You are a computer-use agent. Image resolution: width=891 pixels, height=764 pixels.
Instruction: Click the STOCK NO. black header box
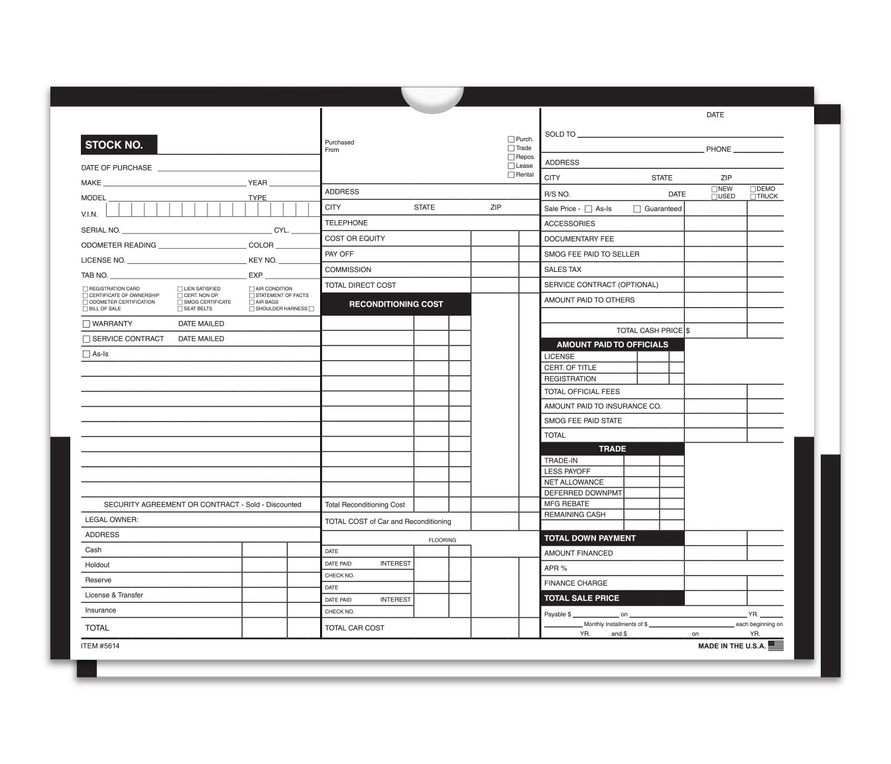119,145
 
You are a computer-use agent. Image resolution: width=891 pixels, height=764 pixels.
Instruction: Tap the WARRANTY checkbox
86,324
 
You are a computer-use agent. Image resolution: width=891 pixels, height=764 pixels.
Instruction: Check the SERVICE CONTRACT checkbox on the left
86,339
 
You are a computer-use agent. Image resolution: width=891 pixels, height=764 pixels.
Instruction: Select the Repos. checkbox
511,157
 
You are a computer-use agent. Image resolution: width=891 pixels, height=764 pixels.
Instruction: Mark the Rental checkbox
511,175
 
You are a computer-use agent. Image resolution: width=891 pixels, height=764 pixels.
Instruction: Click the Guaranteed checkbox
637,209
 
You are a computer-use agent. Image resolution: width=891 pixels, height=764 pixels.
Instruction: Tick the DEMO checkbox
753,189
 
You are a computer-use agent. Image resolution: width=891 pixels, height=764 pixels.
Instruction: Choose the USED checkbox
715,196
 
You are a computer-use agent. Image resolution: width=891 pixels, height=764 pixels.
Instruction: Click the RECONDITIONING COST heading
396,304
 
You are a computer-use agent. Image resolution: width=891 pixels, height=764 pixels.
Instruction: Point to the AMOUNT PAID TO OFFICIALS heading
612,345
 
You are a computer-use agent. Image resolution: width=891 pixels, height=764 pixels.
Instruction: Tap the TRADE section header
612,449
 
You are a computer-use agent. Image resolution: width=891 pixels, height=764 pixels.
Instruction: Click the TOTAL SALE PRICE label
581,598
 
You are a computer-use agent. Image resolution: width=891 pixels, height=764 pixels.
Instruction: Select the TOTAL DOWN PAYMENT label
589,539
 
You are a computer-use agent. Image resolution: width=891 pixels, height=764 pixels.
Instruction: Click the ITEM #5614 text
100,646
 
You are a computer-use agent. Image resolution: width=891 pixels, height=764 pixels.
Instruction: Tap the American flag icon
776,645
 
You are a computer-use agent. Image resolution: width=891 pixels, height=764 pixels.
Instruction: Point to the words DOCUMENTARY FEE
579,239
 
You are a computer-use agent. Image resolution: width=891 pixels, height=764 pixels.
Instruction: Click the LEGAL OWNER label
111,520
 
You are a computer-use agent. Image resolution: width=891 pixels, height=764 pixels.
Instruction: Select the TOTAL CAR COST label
354,628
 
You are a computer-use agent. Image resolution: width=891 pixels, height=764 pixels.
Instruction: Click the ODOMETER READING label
119,245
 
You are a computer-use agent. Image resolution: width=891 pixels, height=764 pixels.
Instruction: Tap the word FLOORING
442,541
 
